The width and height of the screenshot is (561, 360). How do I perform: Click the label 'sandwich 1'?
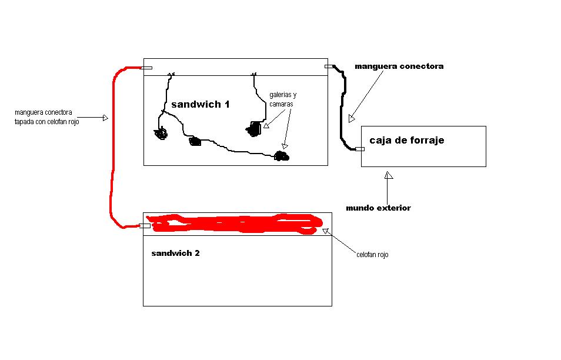pos(201,105)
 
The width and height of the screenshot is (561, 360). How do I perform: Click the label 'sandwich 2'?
pos(175,254)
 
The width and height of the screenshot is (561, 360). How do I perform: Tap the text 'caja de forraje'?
pos(407,140)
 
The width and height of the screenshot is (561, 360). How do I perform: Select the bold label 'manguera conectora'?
pos(399,66)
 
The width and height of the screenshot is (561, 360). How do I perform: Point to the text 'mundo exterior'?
pos(378,208)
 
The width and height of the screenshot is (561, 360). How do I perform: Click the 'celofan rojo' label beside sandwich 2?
pos(372,255)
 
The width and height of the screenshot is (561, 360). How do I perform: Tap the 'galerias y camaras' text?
pos(283,99)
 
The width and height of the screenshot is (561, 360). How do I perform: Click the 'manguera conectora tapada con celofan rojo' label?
pos(46,117)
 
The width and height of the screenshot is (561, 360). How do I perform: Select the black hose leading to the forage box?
pos(344,108)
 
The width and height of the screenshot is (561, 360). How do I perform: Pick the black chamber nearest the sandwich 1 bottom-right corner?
pos(282,156)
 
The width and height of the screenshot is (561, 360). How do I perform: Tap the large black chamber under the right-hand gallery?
pos(255,129)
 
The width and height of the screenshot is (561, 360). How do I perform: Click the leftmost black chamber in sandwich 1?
pos(161,133)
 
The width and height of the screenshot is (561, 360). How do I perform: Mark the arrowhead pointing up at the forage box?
pos(389,175)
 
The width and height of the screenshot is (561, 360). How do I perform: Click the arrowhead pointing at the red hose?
pos(105,118)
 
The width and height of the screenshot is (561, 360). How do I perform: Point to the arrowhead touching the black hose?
pos(352,118)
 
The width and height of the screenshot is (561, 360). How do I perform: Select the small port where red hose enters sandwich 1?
pos(146,68)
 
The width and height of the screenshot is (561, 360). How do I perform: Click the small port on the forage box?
pos(360,149)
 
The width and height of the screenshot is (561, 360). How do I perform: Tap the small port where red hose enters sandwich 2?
pos(145,226)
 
